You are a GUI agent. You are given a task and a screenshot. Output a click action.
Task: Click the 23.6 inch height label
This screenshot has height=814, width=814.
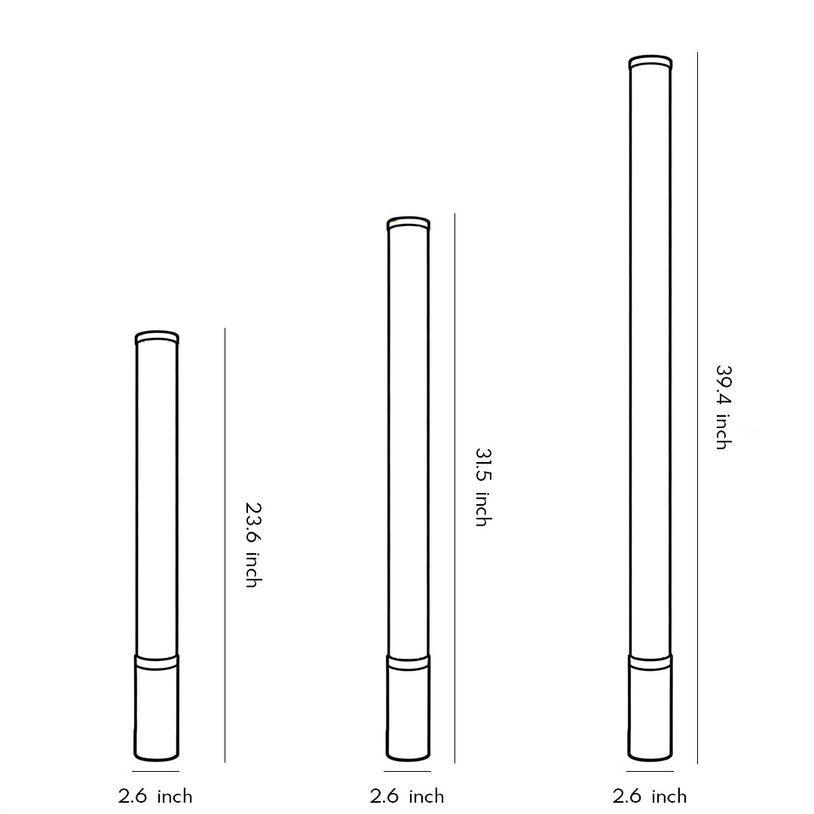click(x=252, y=544)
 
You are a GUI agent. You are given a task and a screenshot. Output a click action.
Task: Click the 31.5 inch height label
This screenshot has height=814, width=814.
click(x=482, y=487)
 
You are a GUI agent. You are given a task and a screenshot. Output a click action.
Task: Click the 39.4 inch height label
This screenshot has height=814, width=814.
click(x=723, y=408)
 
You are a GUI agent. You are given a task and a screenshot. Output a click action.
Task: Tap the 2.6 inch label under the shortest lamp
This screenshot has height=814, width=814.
click(x=155, y=797)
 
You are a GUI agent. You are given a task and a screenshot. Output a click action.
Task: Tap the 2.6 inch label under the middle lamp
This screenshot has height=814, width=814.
click(x=407, y=797)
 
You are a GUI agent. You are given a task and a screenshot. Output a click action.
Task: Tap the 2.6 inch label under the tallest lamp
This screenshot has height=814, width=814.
click(x=650, y=797)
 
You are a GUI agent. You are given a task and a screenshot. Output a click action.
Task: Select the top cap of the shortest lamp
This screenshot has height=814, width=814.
click(x=157, y=338)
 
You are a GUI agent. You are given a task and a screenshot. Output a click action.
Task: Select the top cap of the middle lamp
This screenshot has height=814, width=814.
click(x=409, y=224)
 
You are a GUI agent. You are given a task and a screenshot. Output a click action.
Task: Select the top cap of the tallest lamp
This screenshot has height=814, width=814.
click(x=650, y=62)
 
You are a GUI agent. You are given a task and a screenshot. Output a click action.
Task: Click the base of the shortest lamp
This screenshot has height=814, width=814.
click(x=157, y=708)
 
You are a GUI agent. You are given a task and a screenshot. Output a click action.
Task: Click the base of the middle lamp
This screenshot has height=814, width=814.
click(x=409, y=708)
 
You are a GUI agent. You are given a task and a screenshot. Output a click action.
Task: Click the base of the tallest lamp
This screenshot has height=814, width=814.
click(x=650, y=708)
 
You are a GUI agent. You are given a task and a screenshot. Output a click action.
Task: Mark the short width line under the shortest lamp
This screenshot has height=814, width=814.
click(x=156, y=772)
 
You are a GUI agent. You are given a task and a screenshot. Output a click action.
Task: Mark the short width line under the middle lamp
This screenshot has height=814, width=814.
click(x=407, y=772)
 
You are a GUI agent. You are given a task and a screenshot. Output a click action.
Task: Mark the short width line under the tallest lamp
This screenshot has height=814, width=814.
click(x=650, y=772)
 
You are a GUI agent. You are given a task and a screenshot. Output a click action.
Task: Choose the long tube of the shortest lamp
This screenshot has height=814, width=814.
click(x=157, y=497)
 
